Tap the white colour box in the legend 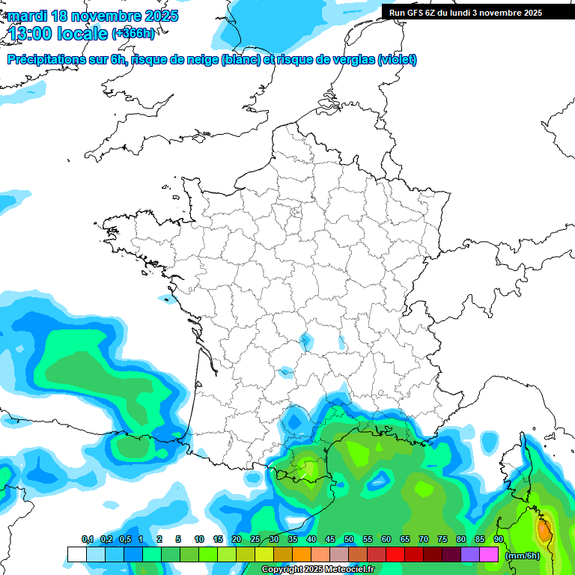[77, 554]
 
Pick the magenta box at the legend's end [489, 554]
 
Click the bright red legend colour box [395, 554]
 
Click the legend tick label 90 [498, 539]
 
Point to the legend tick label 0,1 [87, 539]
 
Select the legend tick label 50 [349, 539]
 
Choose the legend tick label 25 [255, 539]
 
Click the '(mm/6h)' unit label [523, 555]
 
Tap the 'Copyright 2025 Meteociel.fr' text [317, 570]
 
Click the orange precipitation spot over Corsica [544, 530]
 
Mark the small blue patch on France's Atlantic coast [165, 299]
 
